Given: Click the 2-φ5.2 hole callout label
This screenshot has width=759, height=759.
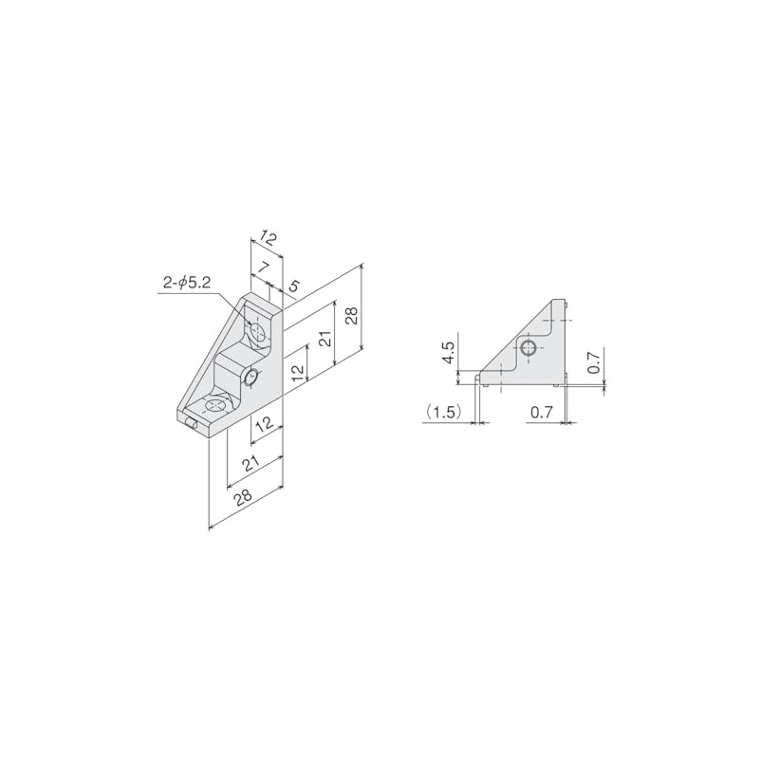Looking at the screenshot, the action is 186,283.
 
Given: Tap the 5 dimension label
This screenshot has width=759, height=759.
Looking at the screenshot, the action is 292,287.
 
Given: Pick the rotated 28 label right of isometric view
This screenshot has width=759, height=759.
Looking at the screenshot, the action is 352,316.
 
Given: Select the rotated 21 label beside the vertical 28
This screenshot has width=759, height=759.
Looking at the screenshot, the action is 326,338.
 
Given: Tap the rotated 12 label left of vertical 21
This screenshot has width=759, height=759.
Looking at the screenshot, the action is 299,370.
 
